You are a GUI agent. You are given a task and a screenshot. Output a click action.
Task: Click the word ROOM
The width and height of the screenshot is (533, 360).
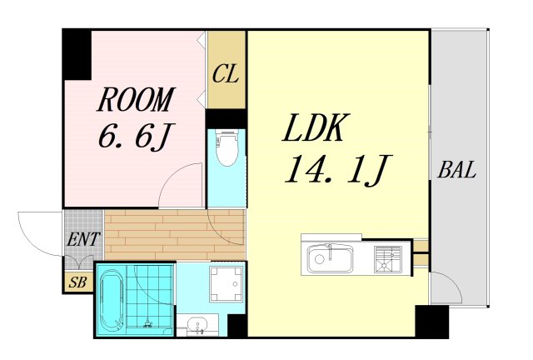point(135,100)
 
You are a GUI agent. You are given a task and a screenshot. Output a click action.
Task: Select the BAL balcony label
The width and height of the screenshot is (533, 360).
point(457,172)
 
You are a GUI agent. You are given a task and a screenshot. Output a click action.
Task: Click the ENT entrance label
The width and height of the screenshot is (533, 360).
point(83,240)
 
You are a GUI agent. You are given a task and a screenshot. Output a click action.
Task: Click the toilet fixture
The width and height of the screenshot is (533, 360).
point(226,149)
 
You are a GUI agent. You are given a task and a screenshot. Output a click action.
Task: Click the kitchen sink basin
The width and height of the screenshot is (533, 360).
point(331,258)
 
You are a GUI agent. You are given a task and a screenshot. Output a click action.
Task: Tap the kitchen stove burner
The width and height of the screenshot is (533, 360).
point(387,258)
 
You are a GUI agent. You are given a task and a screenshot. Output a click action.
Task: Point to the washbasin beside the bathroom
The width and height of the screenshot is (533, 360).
point(200,324)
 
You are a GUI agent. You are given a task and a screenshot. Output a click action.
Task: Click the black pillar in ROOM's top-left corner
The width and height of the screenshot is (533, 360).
point(77,54)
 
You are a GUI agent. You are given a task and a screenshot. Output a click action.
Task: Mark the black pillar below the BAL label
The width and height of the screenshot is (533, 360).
point(431,322)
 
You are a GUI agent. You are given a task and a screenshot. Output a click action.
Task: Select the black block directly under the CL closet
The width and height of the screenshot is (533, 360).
point(226,117)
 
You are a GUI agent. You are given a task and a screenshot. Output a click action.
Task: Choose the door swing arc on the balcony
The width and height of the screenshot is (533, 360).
point(447,287)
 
